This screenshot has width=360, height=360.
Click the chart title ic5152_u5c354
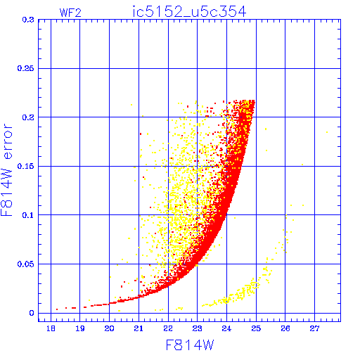click(189, 12)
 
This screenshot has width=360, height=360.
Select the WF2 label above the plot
click(70, 13)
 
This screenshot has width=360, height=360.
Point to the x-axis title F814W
click(190, 345)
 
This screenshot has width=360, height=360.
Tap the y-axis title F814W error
click(6, 170)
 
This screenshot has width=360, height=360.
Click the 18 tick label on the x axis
click(51, 328)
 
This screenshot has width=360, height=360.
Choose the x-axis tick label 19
click(80, 328)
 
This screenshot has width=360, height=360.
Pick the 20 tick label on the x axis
click(109, 328)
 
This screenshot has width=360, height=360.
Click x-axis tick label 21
click(139, 328)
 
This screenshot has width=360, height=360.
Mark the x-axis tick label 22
click(168, 328)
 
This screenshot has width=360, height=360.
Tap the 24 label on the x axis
click(226, 328)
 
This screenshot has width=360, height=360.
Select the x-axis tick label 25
click(256, 328)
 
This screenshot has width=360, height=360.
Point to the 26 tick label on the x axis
click(285, 328)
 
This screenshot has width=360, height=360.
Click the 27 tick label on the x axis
click(314, 328)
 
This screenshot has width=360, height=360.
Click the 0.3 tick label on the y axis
click(28, 20)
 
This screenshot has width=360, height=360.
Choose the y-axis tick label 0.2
click(28, 117)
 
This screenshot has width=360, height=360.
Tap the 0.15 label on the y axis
click(25, 166)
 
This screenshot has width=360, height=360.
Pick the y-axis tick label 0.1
click(28, 215)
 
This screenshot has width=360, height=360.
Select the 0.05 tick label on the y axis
click(25, 264)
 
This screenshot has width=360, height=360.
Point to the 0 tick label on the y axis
click(32, 313)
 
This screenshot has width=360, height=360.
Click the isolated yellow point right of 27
click(327, 132)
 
